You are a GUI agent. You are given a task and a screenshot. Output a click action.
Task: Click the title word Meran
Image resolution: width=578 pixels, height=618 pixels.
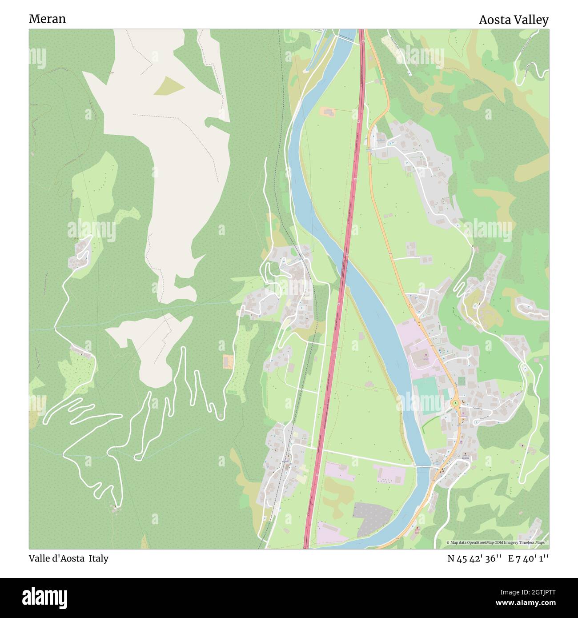click(x=47, y=19)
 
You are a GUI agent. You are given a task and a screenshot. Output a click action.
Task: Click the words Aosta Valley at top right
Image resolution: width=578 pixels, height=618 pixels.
click(x=514, y=20)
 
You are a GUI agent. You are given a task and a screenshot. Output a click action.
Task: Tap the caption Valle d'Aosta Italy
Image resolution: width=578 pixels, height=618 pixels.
click(x=68, y=558)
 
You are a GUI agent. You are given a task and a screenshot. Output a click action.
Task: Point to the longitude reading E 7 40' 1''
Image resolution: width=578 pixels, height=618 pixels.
click(x=529, y=558)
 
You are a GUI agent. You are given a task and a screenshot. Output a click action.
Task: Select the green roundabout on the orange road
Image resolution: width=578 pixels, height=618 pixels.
click(x=456, y=403)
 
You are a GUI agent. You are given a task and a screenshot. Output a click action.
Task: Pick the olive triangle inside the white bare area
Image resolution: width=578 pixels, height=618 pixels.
click(x=169, y=86)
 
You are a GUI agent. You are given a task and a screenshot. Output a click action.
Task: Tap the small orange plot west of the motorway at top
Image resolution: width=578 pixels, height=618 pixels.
click(x=329, y=112)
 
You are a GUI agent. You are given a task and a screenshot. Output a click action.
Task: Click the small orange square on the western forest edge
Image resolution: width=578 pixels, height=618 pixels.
click(x=228, y=361)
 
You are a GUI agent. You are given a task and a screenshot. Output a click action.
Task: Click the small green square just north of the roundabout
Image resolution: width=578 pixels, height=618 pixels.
click(x=461, y=381)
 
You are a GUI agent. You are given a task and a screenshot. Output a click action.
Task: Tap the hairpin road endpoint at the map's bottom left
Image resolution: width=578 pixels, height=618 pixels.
click(x=116, y=507)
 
